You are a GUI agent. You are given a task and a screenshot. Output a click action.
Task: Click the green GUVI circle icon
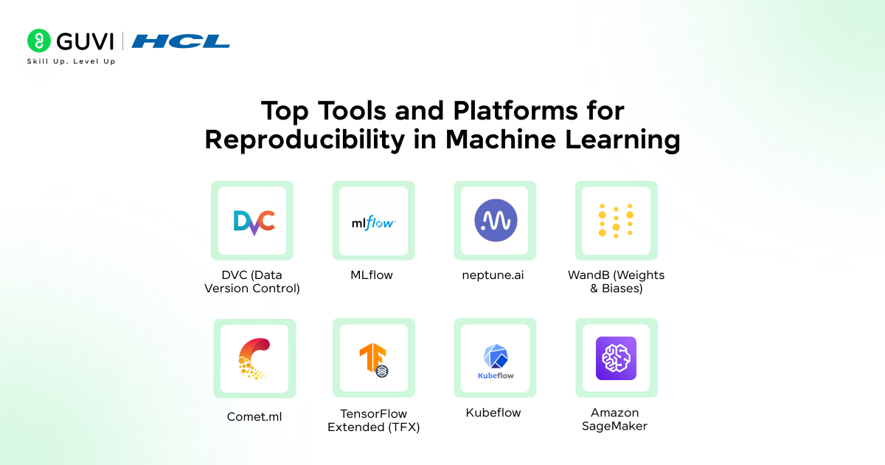coord(39,41)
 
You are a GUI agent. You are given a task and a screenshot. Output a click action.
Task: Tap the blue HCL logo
coord(181,41)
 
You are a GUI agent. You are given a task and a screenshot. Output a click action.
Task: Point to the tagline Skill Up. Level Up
coord(71,61)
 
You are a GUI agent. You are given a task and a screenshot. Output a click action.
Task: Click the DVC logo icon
coord(253,221)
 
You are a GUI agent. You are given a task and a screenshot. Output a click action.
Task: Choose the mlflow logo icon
coord(373,221)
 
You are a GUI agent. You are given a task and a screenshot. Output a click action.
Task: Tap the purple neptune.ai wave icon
coord(495,221)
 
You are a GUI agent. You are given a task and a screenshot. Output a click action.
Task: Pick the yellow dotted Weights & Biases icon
coord(616,221)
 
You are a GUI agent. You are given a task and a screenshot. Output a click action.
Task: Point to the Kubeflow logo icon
coord(495,359)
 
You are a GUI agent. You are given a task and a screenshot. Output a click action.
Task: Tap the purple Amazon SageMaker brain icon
coord(616,358)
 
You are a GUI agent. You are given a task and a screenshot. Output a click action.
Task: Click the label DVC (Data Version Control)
coord(252,281)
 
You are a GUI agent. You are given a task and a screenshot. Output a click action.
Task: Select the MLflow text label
coord(372,275)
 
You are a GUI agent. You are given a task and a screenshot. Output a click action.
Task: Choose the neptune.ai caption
coord(494,275)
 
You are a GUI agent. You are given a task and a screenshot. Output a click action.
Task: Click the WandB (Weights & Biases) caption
coord(616,281)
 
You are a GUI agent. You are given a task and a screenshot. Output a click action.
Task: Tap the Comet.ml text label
coord(254,417)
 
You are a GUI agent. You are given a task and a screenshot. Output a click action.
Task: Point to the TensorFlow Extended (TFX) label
coord(373,420)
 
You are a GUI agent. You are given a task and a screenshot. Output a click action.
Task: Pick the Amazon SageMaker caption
coord(615,419)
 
